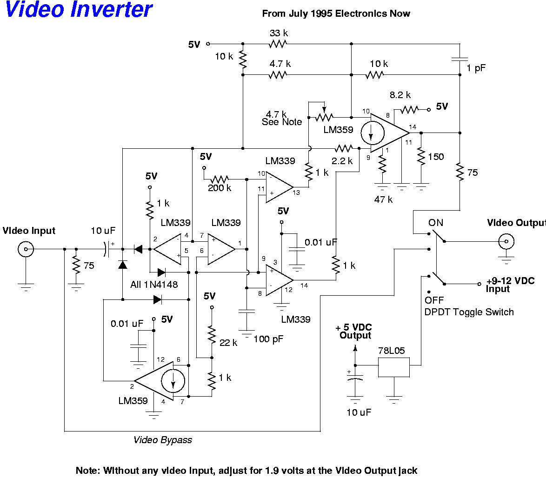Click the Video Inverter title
[78, 10]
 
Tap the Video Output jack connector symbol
[506, 241]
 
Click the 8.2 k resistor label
[400, 95]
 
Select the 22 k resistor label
[228, 343]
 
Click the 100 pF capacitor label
[268, 339]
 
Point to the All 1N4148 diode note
[154, 284]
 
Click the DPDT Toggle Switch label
[469, 312]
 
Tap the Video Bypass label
[163, 440]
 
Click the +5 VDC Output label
[355, 332]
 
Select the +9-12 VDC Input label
[510, 285]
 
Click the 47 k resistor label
[384, 200]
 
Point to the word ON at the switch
[436, 223]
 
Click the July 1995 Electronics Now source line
[336, 13]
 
